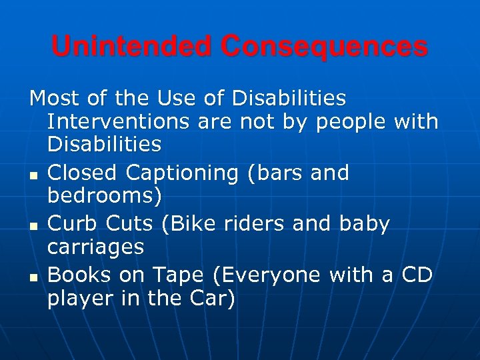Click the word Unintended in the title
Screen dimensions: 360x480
pos(132,47)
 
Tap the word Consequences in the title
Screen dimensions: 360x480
pos(325,47)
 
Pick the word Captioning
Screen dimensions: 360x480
pos(181,174)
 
